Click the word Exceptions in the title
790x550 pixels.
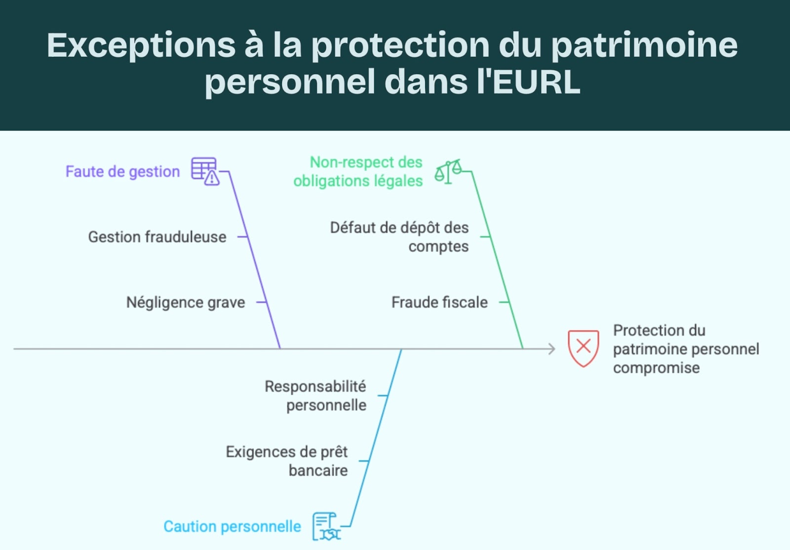click(x=141, y=45)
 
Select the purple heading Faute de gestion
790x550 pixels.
click(x=122, y=171)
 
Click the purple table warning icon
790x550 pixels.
click(x=205, y=171)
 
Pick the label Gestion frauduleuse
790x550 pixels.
click(x=157, y=237)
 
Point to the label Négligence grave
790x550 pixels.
click(x=185, y=302)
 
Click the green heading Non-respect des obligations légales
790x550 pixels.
click(x=358, y=171)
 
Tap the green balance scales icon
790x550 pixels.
click(x=448, y=171)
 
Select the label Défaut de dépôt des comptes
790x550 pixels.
click(x=399, y=237)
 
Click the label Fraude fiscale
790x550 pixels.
click(x=439, y=302)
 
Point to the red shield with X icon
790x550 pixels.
click(x=583, y=348)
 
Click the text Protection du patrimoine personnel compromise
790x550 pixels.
click(x=685, y=349)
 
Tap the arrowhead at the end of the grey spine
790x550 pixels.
click(x=552, y=349)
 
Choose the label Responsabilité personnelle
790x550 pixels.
click(x=316, y=396)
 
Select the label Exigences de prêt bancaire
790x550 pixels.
click(x=287, y=461)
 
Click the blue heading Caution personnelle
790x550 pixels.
click(x=232, y=527)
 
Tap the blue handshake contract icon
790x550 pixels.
click(x=326, y=527)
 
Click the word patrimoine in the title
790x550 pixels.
click(x=644, y=45)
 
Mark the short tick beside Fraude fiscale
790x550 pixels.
click(x=504, y=302)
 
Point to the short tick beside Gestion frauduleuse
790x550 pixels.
click(x=242, y=237)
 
